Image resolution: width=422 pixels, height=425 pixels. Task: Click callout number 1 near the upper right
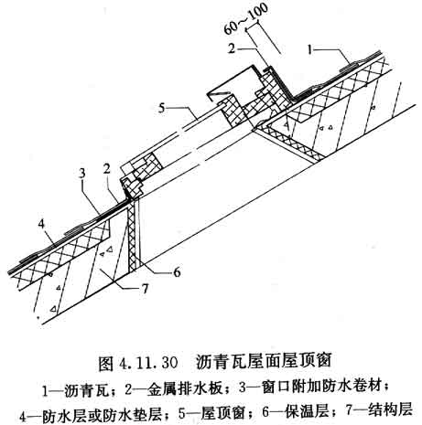click(x=311, y=49)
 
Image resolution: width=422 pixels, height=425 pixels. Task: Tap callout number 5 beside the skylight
click(x=162, y=108)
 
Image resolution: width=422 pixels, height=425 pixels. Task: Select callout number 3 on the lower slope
click(x=81, y=174)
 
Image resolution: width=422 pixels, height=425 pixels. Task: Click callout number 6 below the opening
click(x=177, y=272)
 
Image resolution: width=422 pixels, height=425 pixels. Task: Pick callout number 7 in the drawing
click(x=145, y=288)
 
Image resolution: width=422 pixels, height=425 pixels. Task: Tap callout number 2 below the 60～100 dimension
click(x=232, y=48)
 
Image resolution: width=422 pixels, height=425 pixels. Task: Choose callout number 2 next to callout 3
click(x=106, y=169)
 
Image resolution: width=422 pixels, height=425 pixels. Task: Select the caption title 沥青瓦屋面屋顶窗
click(x=264, y=362)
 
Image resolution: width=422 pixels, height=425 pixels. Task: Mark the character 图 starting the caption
click(x=106, y=363)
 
